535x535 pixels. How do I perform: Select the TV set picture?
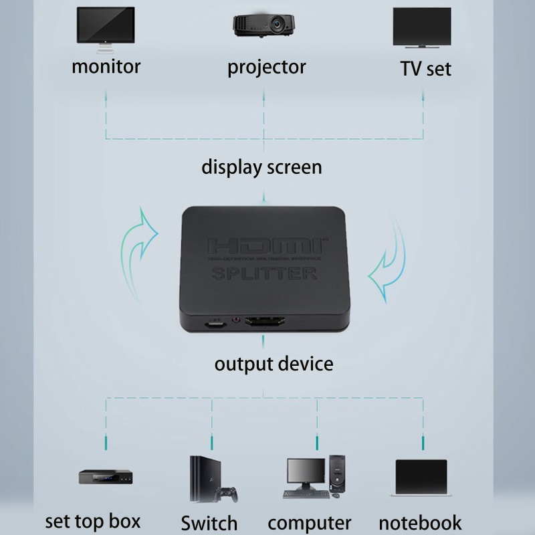tap(421, 28)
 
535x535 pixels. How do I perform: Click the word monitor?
tap(106, 66)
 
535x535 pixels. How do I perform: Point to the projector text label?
tap(266, 68)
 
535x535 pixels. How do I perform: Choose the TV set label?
tap(425, 68)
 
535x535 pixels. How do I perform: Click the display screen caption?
tap(261, 167)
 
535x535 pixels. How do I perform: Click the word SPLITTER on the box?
tap(264, 273)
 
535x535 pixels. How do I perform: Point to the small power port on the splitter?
tap(215, 325)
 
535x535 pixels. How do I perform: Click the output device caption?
tap(274, 364)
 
